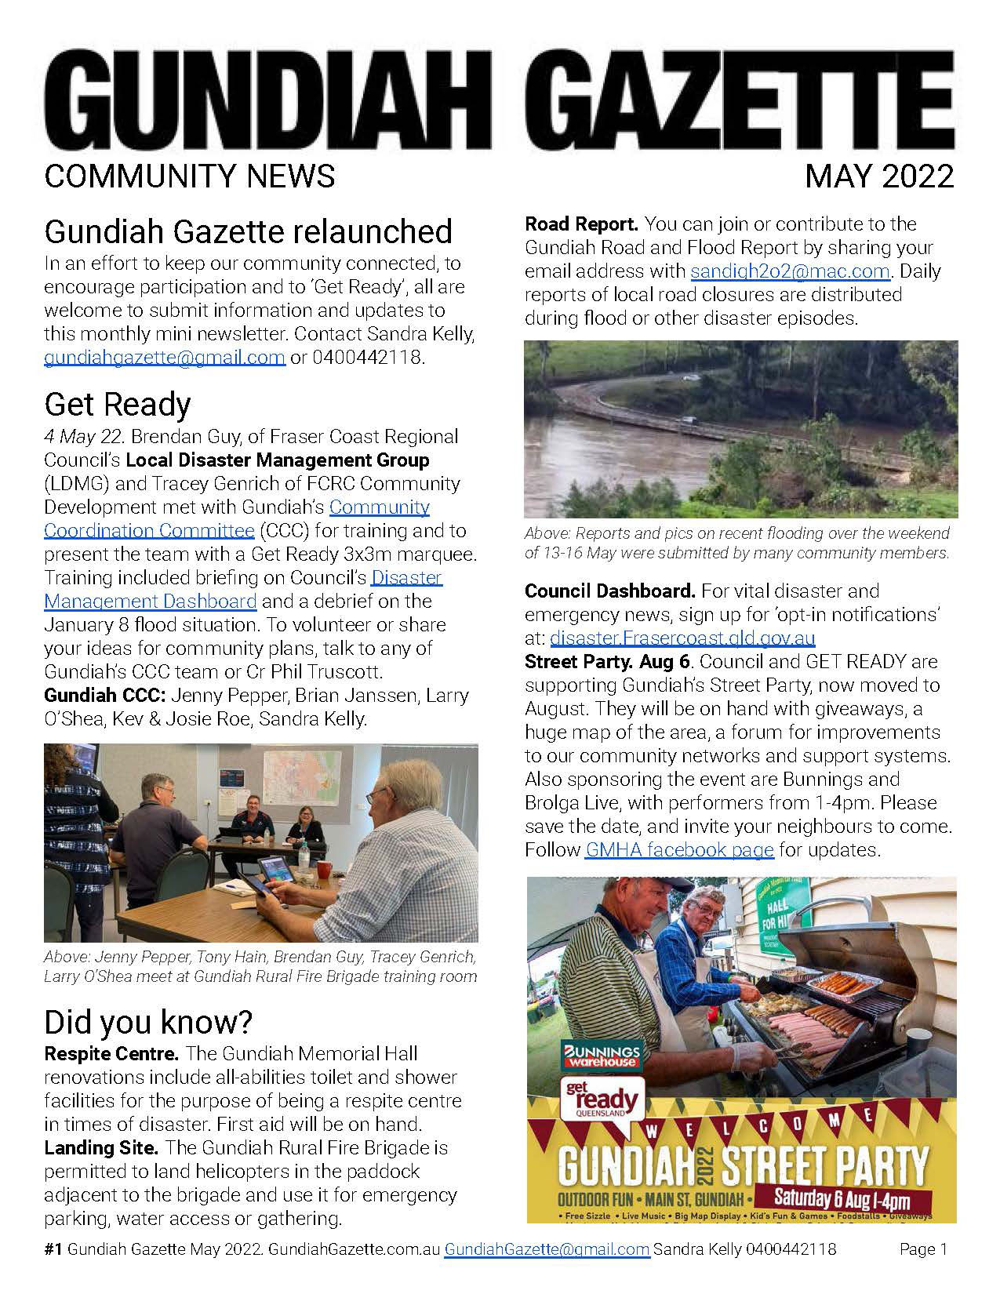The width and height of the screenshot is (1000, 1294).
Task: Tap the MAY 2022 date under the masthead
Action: click(878, 176)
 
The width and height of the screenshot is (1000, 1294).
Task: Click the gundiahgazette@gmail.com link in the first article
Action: click(164, 358)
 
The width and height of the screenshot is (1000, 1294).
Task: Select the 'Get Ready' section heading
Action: click(118, 405)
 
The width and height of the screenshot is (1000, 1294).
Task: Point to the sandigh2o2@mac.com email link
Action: click(790, 271)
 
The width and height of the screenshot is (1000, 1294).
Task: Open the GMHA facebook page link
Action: click(679, 850)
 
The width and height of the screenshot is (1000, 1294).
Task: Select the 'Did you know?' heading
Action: click(148, 1022)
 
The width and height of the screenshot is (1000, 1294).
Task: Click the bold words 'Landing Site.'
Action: click(102, 1148)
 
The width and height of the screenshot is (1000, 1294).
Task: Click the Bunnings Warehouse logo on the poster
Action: click(600, 1056)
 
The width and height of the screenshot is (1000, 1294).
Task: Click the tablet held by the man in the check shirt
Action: click(271, 872)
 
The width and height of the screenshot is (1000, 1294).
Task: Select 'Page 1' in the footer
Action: click(923, 1249)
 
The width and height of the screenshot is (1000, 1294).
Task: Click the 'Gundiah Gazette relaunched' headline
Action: click(248, 231)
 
